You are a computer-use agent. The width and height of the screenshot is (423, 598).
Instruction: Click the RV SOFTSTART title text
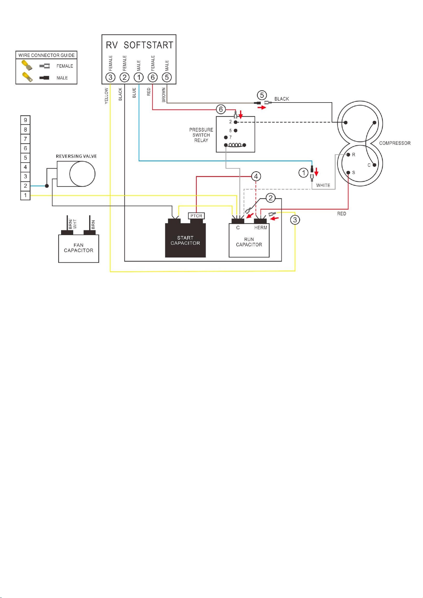click(139, 45)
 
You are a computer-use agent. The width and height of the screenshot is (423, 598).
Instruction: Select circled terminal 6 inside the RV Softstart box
click(153, 77)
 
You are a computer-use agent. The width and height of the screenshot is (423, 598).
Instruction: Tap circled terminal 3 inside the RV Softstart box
click(110, 77)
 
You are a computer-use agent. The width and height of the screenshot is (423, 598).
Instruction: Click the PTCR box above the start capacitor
click(196, 216)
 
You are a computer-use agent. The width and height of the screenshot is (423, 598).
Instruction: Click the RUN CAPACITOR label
click(249, 242)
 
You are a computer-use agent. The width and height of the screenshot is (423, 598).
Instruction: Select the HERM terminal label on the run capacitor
click(261, 228)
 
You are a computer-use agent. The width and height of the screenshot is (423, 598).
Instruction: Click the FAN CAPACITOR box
click(79, 249)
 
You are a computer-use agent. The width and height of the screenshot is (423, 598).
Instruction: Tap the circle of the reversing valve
click(82, 174)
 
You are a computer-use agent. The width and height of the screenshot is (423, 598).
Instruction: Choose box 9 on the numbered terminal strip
click(25, 120)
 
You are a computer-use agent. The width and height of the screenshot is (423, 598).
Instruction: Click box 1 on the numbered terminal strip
click(25, 195)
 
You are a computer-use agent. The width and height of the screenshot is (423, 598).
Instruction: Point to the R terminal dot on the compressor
click(348, 155)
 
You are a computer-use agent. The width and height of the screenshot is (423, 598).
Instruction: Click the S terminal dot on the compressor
click(348, 172)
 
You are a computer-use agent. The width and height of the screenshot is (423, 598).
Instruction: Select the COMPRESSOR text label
click(395, 143)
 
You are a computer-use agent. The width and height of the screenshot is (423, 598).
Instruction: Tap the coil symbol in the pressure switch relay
click(235, 145)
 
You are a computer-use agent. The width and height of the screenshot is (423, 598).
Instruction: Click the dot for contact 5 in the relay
click(236, 130)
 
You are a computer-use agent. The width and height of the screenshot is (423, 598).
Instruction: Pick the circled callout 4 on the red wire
click(256, 176)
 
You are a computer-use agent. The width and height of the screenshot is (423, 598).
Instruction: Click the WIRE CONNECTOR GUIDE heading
click(46, 55)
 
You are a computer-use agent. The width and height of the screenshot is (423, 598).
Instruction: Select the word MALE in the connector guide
click(62, 78)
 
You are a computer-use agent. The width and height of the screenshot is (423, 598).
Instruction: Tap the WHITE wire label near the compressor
click(323, 185)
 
